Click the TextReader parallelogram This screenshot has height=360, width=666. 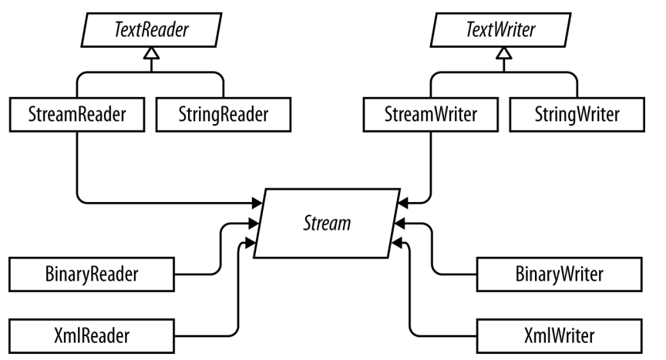(x=151, y=30)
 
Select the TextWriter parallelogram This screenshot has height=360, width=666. (x=501, y=30)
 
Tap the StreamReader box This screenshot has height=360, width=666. (x=77, y=115)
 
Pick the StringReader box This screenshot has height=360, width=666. (x=224, y=115)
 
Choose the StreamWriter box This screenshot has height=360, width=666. (x=431, y=115)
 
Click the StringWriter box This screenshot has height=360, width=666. (x=577, y=115)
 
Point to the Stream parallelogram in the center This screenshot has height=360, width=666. (x=327, y=224)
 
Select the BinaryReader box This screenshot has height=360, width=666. (x=92, y=274)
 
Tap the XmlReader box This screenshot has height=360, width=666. (x=92, y=336)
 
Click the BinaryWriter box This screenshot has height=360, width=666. (x=560, y=274)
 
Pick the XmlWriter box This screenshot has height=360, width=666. (x=560, y=336)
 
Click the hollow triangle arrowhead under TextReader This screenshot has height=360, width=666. (x=152, y=53)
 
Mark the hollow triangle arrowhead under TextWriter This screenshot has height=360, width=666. (x=504, y=53)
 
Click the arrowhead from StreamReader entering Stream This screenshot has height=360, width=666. (x=257, y=203)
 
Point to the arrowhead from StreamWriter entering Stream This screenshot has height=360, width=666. (x=403, y=203)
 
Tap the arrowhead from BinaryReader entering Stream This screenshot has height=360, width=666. (x=254, y=223)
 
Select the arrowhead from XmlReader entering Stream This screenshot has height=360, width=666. (x=251, y=243)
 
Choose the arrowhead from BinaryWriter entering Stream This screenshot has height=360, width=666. (x=400, y=223)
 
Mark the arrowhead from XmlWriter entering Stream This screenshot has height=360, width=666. (x=396, y=243)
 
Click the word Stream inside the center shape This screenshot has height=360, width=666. (x=327, y=224)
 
